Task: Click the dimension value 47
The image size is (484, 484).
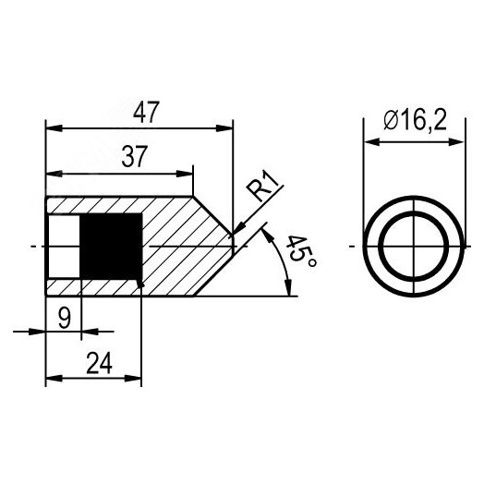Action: tap(146, 112)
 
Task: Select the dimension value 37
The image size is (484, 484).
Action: tap(134, 156)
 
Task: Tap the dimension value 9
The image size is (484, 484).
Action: tap(65, 319)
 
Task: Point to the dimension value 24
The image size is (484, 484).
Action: tap(99, 363)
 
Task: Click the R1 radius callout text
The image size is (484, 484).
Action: tap(261, 188)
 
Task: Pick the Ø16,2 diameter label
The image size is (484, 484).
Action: tap(415, 120)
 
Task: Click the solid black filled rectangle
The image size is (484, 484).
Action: tap(111, 247)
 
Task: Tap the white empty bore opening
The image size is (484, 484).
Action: tap(65, 247)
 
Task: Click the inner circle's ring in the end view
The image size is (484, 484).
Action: tap(381, 247)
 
